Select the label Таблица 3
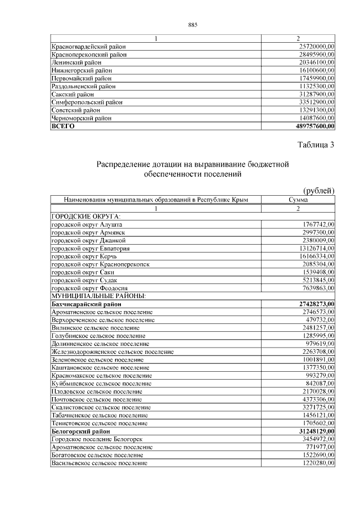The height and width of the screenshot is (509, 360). point(316,145)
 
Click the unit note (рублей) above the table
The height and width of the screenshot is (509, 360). point(318,191)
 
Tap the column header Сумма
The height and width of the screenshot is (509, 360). point(298,200)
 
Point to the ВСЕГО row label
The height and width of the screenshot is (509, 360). point(63,127)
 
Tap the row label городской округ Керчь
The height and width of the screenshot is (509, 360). point(88,256)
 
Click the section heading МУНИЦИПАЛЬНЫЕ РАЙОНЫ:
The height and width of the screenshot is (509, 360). point(99,295)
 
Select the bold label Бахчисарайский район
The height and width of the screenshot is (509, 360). point(86,304)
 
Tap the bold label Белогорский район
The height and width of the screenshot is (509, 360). point(80,431)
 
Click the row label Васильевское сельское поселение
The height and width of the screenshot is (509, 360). point(100,463)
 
